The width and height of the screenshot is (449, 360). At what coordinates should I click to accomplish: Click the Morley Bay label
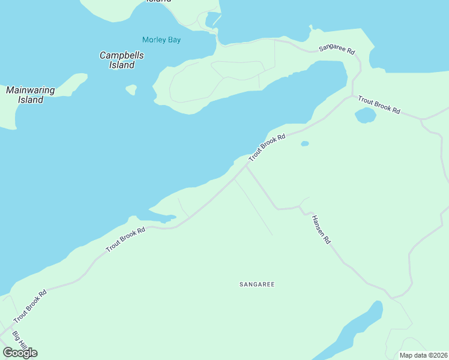click(x=161, y=40)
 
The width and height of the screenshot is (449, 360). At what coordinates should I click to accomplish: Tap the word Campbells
click(x=122, y=55)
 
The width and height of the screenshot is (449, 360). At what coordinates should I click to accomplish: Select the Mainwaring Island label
click(x=30, y=95)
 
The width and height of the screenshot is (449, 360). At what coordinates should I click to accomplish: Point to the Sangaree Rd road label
click(x=337, y=49)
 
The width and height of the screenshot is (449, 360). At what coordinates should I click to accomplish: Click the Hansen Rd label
click(x=321, y=229)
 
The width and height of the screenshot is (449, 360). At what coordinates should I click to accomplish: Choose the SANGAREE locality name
click(x=256, y=284)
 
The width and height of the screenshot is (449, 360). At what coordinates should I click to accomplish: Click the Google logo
click(x=20, y=353)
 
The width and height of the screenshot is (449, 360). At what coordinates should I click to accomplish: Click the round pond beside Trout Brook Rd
click(x=365, y=115)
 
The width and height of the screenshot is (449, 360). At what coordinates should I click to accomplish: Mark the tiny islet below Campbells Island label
click(x=131, y=90)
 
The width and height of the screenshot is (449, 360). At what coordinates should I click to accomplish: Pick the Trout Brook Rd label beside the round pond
click(x=379, y=104)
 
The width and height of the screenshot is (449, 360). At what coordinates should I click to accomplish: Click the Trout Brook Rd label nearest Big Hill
click(x=30, y=305)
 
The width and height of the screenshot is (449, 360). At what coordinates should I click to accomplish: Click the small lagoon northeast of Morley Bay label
click(x=213, y=20)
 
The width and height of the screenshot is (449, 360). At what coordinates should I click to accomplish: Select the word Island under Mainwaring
click(x=30, y=100)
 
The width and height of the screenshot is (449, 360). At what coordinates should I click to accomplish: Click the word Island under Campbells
click(x=122, y=65)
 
